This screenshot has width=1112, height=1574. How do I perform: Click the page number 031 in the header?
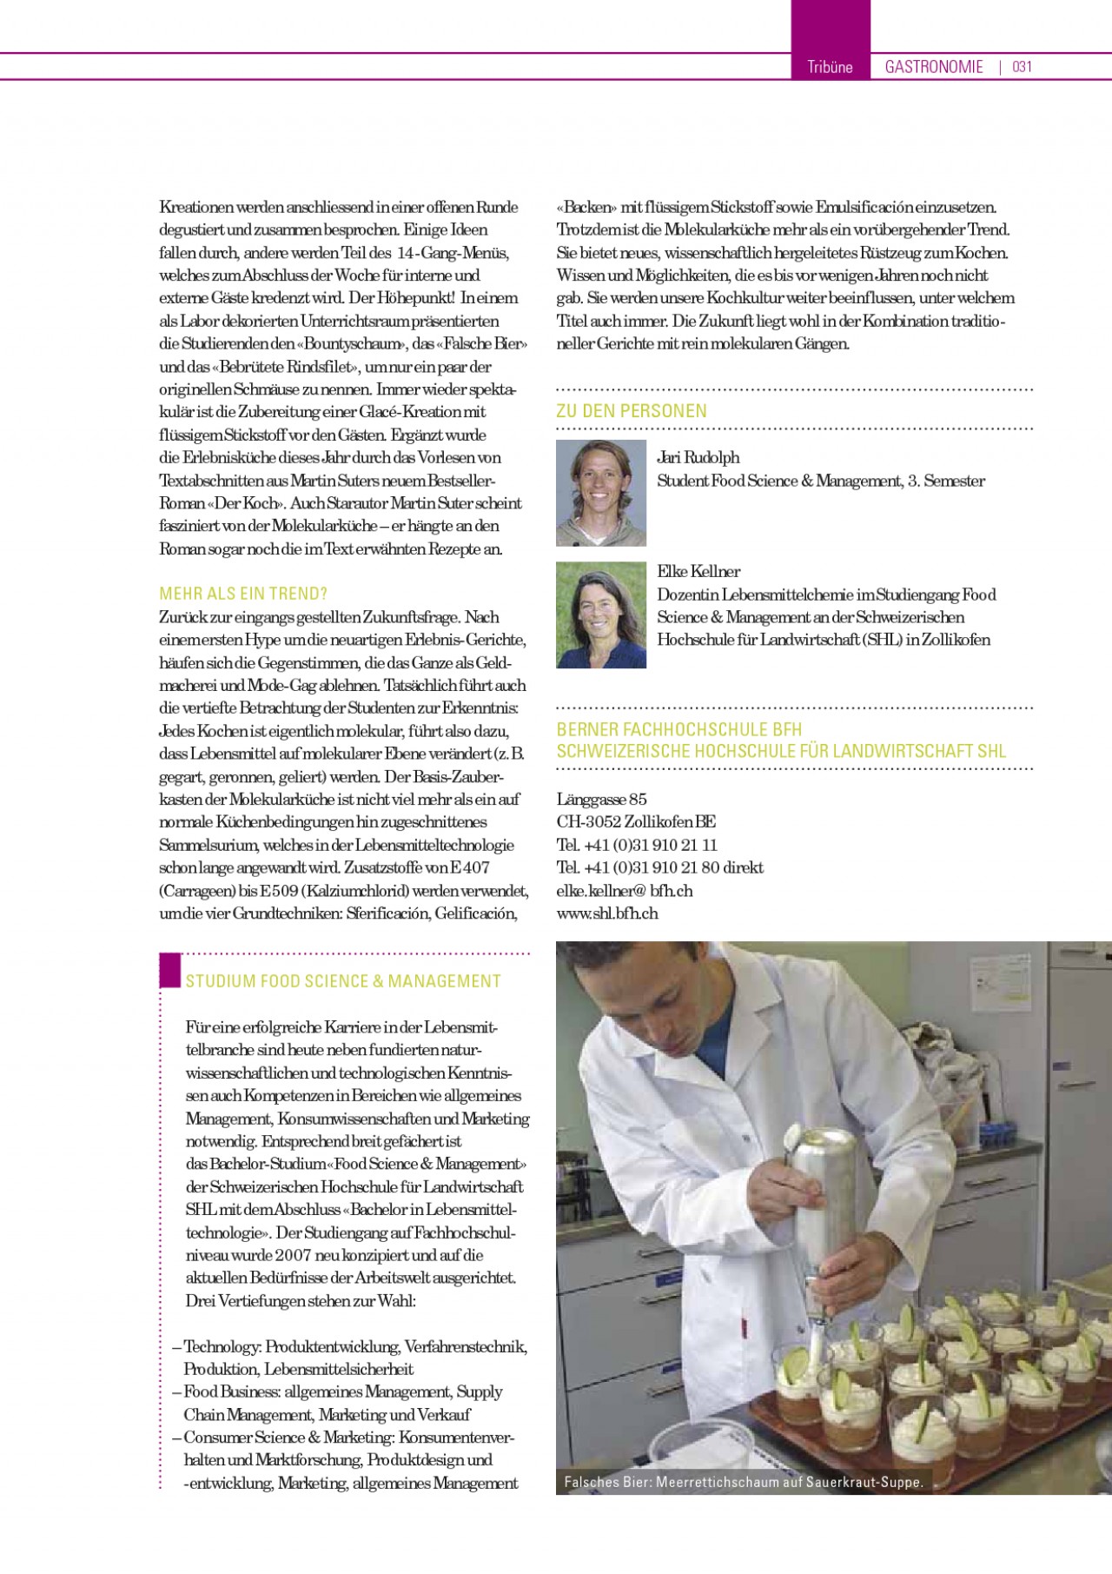tap(1022, 67)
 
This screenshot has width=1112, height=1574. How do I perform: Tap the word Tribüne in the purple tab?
tap(830, 67)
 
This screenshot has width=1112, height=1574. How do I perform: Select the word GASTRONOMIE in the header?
tap(934, 67)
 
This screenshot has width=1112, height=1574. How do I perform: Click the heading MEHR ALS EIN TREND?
tap(243, 594)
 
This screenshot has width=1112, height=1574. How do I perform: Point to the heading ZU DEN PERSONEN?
tap(632, 411)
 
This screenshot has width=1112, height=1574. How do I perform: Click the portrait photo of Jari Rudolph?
tap(601, 493)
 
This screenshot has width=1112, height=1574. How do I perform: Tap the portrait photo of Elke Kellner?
tap(601, 614)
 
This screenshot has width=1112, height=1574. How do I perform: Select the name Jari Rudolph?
tap(698, 457)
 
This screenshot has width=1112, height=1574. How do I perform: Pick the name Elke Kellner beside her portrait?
tap(698, 571)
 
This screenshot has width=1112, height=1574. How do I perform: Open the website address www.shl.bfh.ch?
tap(607, 913)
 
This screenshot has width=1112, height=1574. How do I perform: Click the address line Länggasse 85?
tap(602, 799)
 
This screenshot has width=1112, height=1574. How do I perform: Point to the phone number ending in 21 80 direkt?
tap(660, 867)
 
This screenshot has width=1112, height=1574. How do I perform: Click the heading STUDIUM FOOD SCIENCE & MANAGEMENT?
tap(343, 981)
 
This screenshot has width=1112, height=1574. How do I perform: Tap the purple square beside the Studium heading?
tap(170, 970)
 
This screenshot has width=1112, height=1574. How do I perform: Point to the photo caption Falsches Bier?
tap(744, 1482)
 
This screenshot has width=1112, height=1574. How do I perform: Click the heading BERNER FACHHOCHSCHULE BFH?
tap(679, 729)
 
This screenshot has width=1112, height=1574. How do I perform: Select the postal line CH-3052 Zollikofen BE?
tap(636, 821)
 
